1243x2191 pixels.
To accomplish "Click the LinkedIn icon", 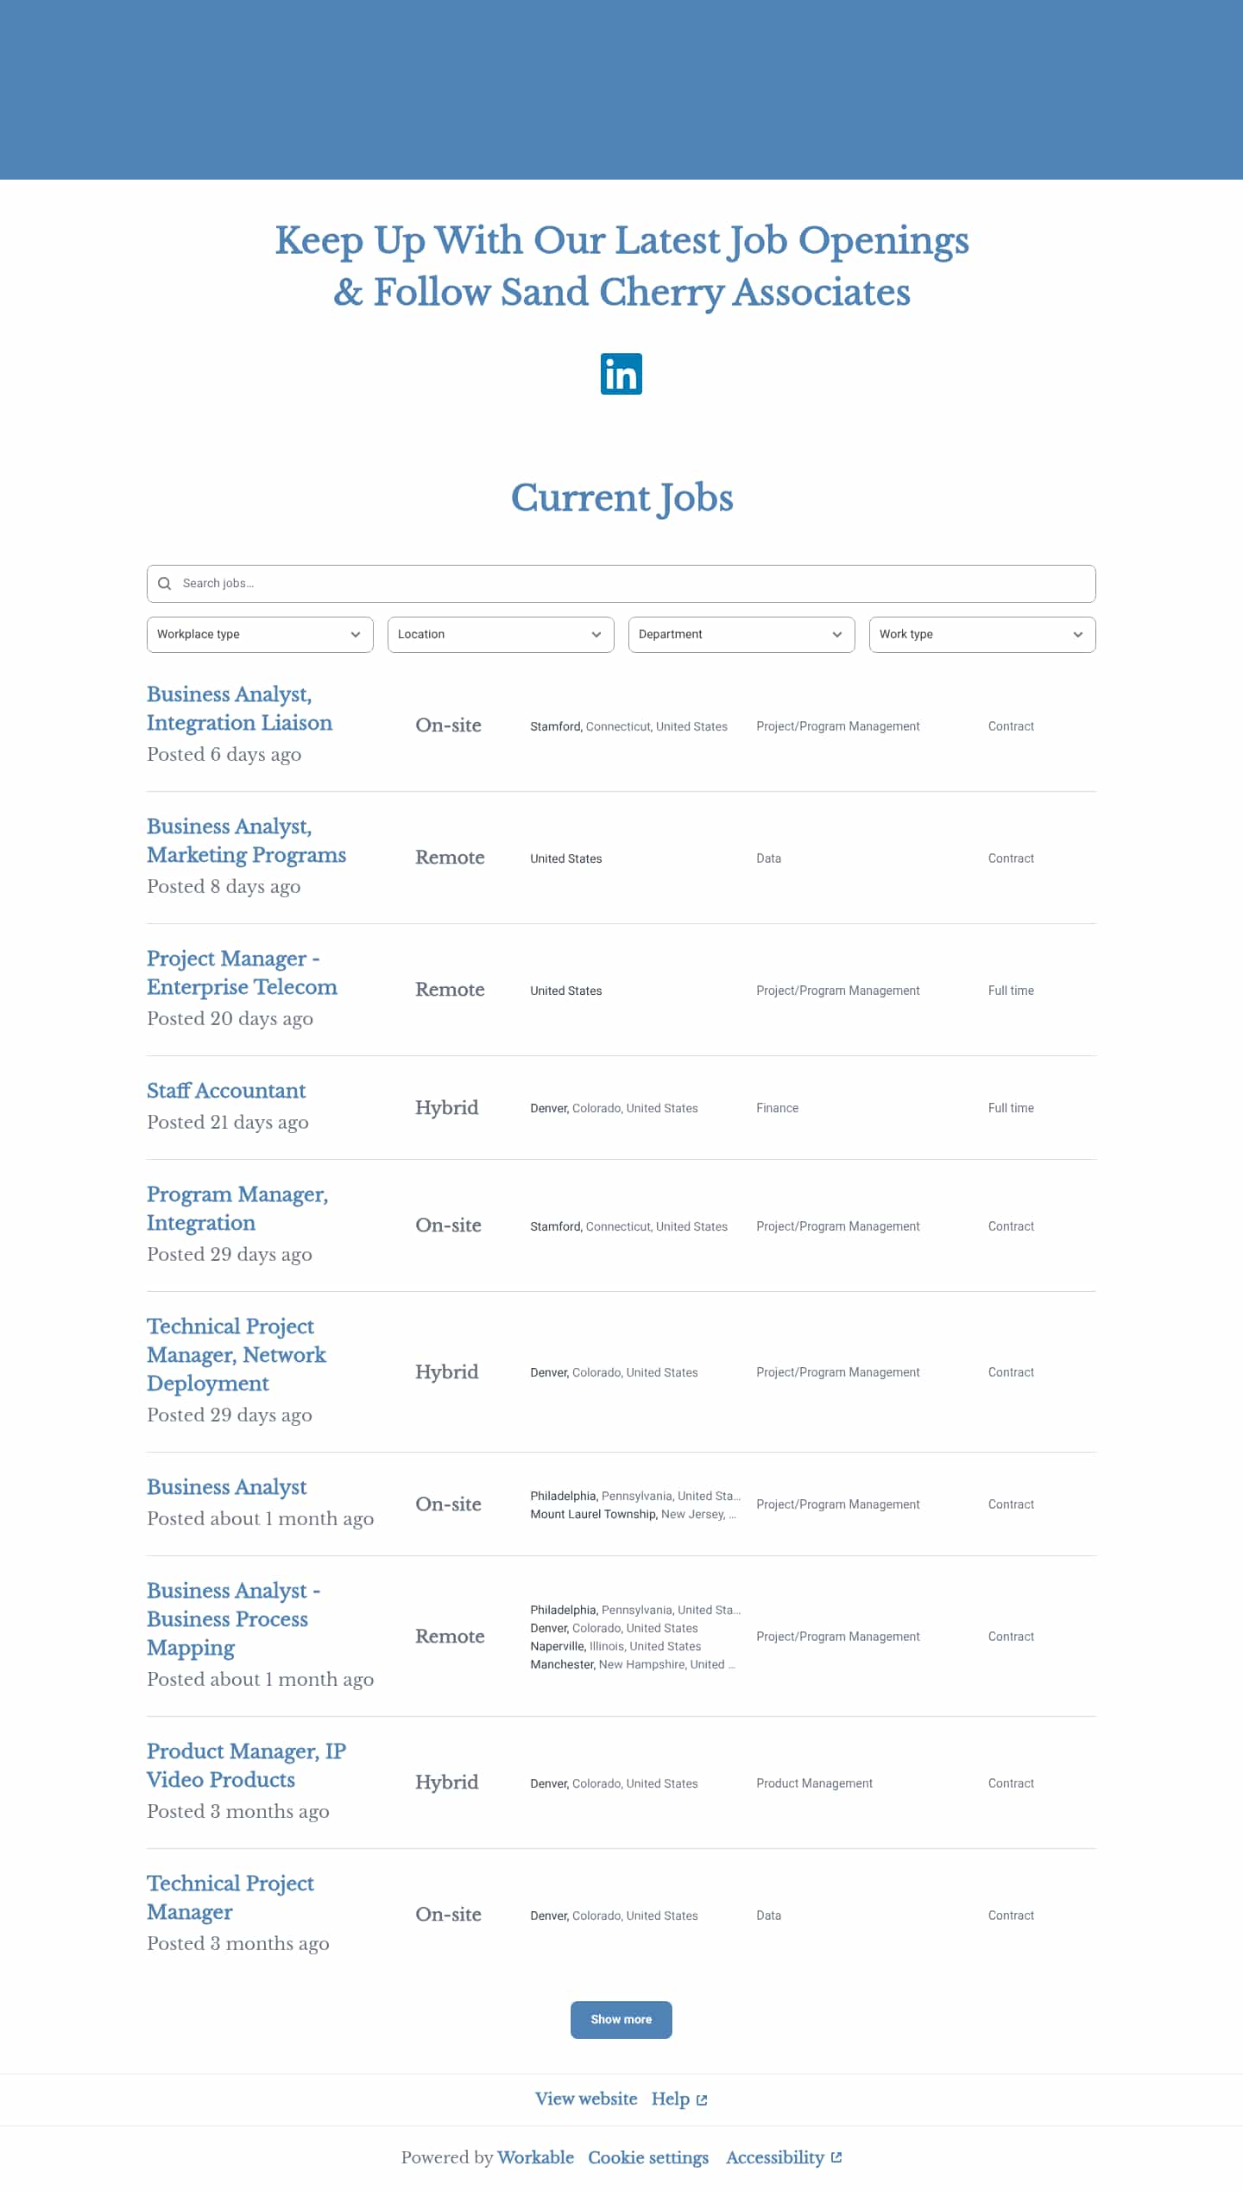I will coord(621,374).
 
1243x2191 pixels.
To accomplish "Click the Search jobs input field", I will coord(621,584).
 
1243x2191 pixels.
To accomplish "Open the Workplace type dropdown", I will coord(260,635).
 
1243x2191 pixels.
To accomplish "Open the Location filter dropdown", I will coord(501,635).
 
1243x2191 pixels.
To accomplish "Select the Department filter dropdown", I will coord(741,635).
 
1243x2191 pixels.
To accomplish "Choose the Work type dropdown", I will coord(982,635).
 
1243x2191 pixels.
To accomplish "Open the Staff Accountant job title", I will coord(226,1091).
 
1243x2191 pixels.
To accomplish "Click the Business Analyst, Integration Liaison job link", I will coord(239,708).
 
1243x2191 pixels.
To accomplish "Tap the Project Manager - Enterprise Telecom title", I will coord(242,972).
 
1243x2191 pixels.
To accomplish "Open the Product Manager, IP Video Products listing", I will coord(246,1765).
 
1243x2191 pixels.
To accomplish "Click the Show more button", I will coord(621,2020).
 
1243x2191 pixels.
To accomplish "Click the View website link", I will coord(586,2099).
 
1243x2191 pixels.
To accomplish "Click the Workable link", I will coord(535,2157).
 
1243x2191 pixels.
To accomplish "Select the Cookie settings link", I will coord(648,2157).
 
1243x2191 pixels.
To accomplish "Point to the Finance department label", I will coord(777,1108).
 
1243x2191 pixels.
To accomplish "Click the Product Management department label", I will coord(814,1783).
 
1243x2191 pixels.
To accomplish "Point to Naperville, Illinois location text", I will coord(615,1646).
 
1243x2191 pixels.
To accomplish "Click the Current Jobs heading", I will coord(621,498).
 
